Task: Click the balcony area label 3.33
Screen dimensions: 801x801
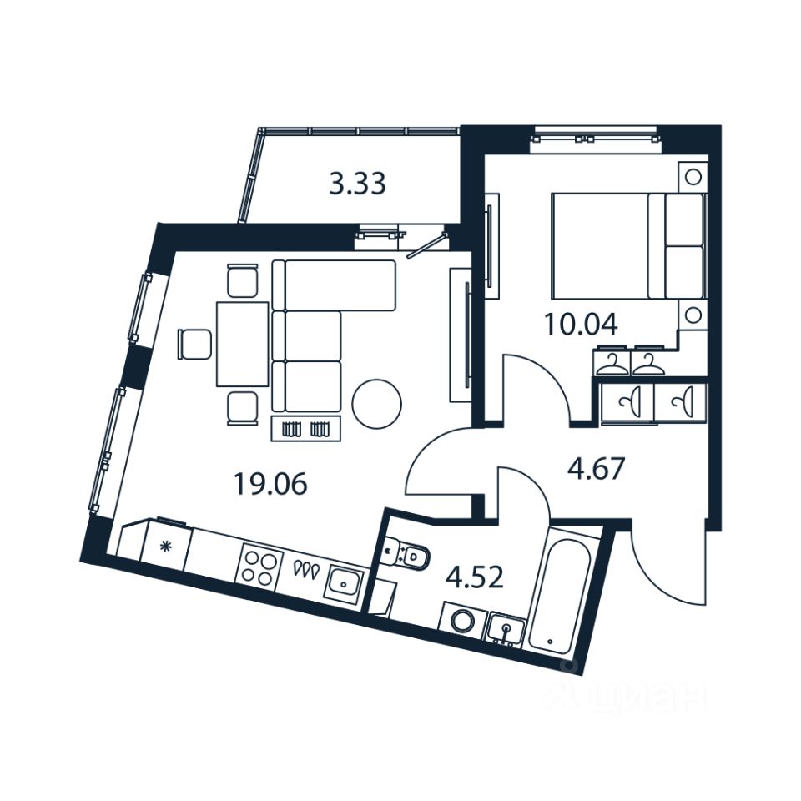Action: (357, 184)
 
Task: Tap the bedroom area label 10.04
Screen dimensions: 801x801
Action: (581, 324)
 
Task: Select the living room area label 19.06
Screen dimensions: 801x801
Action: (270, 484)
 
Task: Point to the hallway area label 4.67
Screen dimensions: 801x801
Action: (596, 470)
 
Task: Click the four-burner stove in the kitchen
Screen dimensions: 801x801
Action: (259, 565)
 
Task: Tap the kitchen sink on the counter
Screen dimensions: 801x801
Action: (344, 582)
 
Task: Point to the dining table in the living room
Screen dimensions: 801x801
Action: (242, 344)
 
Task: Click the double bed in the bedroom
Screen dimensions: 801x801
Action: (626, 245)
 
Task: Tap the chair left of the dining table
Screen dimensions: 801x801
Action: (195, 343)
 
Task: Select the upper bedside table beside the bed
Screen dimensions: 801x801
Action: (692, 177)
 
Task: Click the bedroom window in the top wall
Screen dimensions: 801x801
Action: (594, 135)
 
